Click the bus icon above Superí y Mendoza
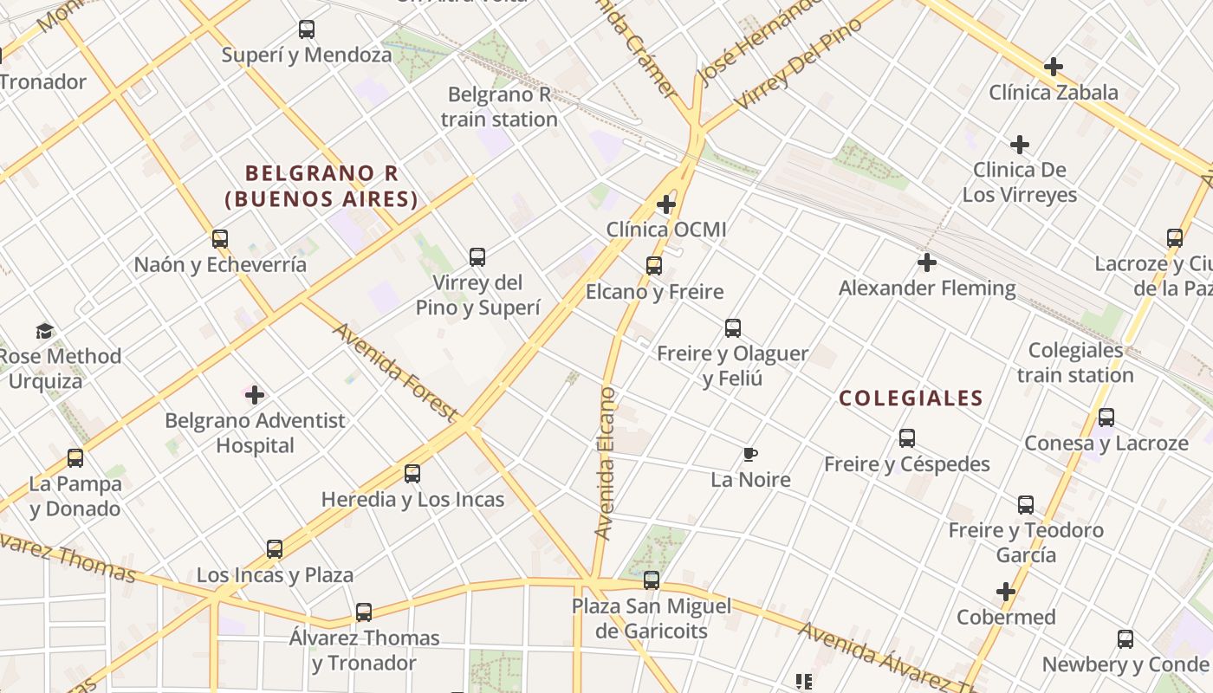coord(307,29)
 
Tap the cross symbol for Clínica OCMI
coord(666,204)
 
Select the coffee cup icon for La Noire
coord(750,454)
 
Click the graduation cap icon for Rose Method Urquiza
coord(44,331)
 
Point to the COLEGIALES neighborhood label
coord(911,398)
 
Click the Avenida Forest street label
coord(394,372)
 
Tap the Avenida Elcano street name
coord(606,463)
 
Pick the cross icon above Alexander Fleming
coord(927,262)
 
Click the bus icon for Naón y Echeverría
coord(220,239)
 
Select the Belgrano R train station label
coord(498,107)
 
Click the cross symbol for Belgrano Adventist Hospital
coord(255,396)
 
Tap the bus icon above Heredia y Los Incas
coord(412,474)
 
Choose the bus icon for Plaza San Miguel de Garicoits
coord(652,580)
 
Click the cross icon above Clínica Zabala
coord(1054,67)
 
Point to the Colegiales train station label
coord(1075,363)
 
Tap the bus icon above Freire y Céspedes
coord(907,438)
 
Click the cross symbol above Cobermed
coord(1006,593)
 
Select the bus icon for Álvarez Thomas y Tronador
coord(364,612)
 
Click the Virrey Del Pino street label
coord(798,64)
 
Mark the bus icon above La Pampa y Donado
coord(75,458)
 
